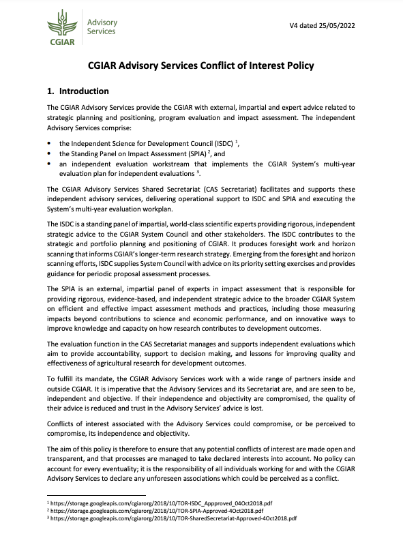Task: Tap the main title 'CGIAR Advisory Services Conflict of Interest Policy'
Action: coord(201,66)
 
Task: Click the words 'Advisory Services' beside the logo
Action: coord(101,27)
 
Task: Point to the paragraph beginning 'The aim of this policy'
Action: coord(201,464)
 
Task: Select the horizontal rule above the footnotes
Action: coord(96,495)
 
